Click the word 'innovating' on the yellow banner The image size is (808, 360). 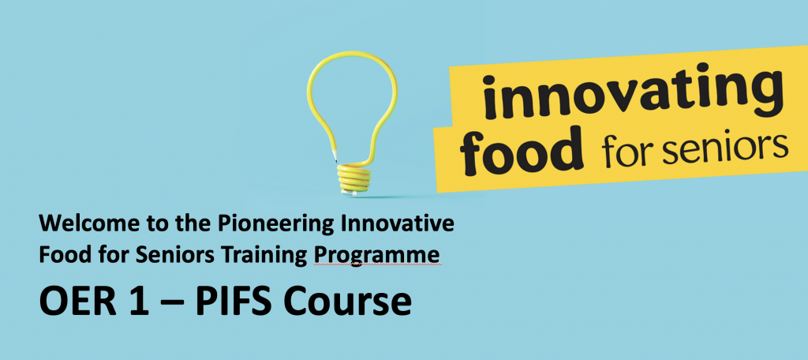634,96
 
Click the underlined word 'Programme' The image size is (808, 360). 377,257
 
